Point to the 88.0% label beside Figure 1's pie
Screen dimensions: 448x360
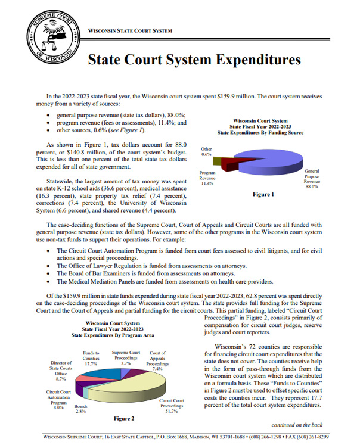[x=311, y=187]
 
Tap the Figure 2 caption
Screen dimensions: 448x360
[x=125, y=418]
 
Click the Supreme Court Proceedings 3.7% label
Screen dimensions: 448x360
[x=126, y=357]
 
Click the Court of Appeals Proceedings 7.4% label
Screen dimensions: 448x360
[x=158, y=361]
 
